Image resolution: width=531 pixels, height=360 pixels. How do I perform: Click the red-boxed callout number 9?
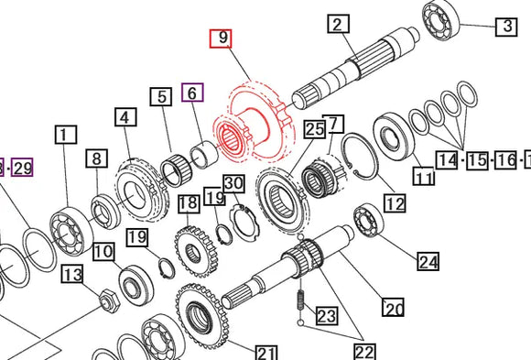tap(222, 38)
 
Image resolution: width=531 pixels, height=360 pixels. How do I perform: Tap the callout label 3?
tap(506, 26)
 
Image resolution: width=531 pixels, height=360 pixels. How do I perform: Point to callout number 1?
tap(63, 136)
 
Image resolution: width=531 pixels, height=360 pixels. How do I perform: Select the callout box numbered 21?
tap(266, 353)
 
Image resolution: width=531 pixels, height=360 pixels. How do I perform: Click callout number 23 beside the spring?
tap(327, 317)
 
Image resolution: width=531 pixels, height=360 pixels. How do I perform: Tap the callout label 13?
tap(72, 275)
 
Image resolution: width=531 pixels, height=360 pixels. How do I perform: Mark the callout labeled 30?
tap(233, 183)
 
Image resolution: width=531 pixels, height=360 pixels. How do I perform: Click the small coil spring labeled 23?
tap(298, 301)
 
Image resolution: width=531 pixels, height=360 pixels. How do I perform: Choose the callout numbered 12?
tap(394, 203)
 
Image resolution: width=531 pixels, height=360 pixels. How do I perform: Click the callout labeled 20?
tap(393, 309)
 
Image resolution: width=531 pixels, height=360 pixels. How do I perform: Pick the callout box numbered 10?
tap(103, 251)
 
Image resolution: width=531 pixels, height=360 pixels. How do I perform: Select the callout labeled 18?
tap(189, 203)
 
